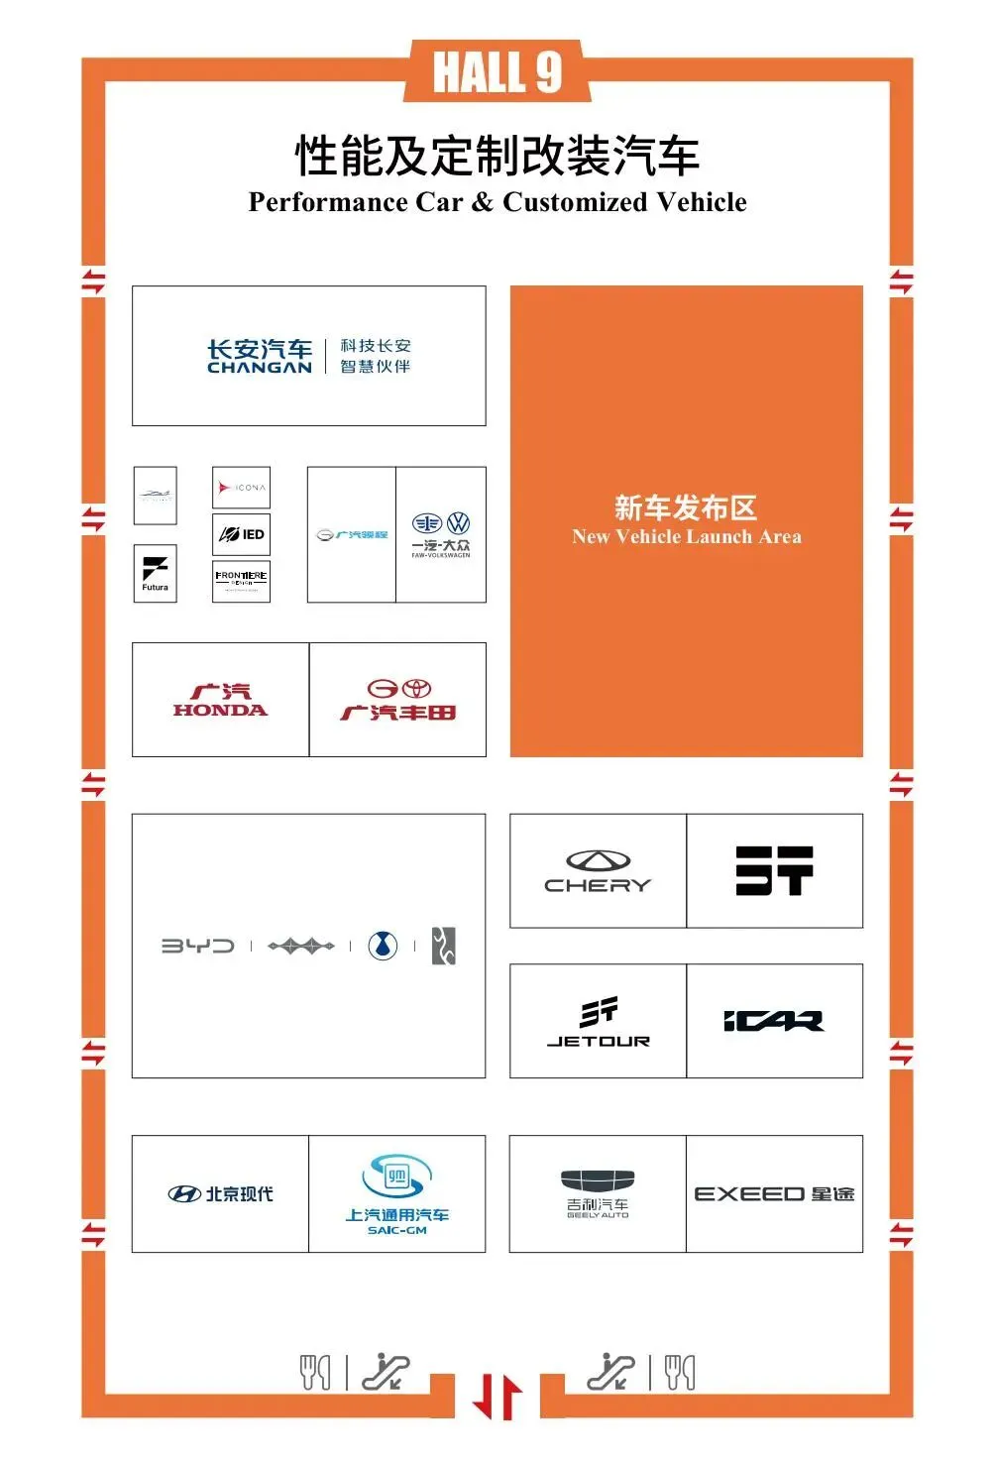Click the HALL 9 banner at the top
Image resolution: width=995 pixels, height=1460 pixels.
coord(497,72)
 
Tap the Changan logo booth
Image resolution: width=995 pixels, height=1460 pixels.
coord(308,356)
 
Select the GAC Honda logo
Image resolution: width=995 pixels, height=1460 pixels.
coord(220,700)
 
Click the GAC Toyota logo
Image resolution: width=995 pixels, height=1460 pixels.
coord(397,700)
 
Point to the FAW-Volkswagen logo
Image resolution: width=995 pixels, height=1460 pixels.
coord(441,535)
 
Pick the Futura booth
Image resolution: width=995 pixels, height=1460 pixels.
coord(156,573)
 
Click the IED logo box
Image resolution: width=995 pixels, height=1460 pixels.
coord(242,534)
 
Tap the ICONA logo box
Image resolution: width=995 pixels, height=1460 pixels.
coord(242,488)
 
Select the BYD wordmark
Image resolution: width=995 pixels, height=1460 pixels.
coord(198,946)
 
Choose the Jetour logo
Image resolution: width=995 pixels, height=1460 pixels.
coord(599,1022)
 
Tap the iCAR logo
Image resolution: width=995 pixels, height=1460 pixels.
coord(774,1021)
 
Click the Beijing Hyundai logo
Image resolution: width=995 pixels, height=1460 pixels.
coord(220,1193)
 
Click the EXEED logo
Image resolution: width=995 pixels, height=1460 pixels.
coord(774,1193)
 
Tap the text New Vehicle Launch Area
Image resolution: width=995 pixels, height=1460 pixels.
coord(686,537)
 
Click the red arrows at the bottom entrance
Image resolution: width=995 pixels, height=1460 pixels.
coord(497,1396)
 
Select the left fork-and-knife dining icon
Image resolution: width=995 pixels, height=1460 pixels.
coord(315,1372)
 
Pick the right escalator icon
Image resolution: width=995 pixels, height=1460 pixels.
coord(610,1372)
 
